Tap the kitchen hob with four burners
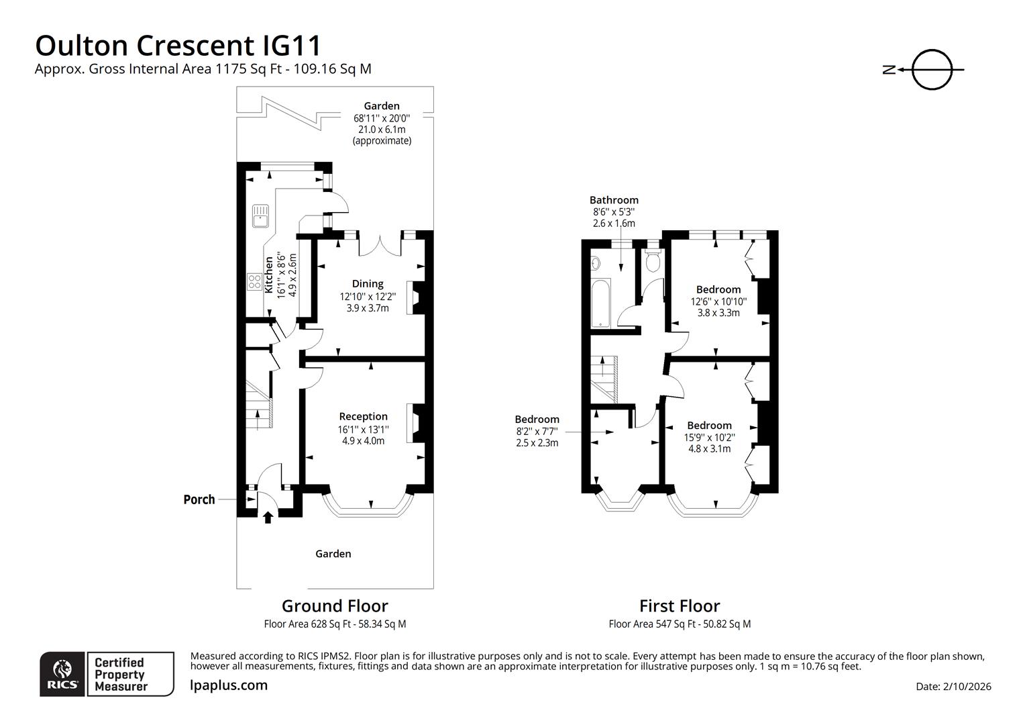pos(255,281)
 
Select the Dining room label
pos(368,284)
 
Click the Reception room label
pos(363,417)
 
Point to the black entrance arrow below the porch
pos(268,517)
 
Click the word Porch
pos(199,499)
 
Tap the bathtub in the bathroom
pos(600,304)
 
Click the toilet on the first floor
pos(652,260)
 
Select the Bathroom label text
pos(614,200)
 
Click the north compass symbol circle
pos(932,69)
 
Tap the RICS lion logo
pos(62,673)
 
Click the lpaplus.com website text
pos(229,685)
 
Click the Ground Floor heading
pos(335,606)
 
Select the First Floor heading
pos(680,606)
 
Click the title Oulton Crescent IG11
pos(178,46)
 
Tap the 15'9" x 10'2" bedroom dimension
pos(709,437)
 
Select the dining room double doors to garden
pos(380,245)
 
